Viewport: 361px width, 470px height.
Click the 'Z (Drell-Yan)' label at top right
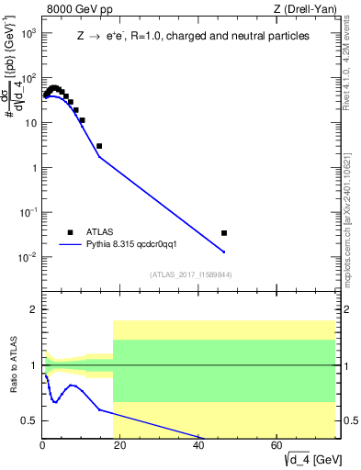(x=305, y=9)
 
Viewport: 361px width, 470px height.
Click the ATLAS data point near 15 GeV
(x=99, y=146)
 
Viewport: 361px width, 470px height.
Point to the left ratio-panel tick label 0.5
(x=30, y=420)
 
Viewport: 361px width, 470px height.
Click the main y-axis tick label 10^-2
(x=28, y=257)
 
